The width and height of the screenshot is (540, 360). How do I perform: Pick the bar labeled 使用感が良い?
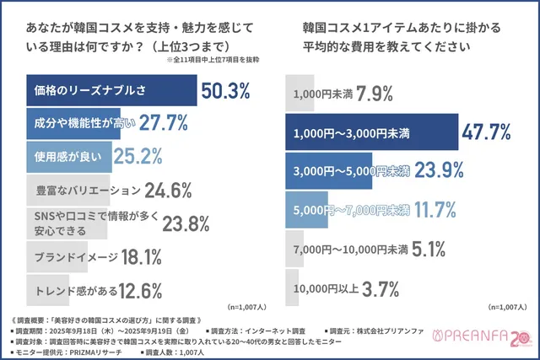(x=71, y=156)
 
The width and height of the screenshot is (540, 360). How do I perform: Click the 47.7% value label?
(x=488, y=132)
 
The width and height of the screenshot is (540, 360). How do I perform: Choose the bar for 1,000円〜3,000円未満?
(x=371, y=132)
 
